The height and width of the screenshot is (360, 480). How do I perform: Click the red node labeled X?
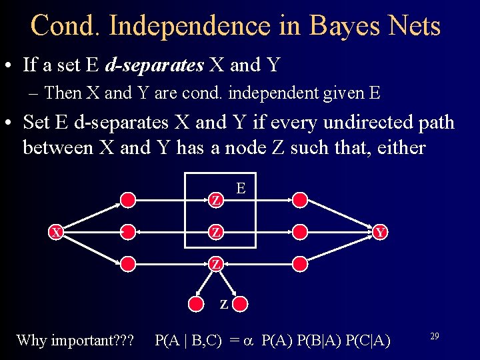click(x=57, y=232)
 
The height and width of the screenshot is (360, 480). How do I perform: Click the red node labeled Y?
click(x=380, y=232)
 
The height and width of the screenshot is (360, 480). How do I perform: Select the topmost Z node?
click(x=215, y=200)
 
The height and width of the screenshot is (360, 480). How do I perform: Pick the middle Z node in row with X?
click(x=215, y=232)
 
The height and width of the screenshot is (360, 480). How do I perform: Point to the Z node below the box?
click(x=215, y=264)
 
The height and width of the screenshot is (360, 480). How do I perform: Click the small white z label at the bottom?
click(x=224, y=305)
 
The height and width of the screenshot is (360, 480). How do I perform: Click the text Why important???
click(x=75, y=340)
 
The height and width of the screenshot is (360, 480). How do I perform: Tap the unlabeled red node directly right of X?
click(x=128, y=232)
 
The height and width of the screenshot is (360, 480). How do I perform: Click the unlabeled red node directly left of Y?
click(x=301, y=232)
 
